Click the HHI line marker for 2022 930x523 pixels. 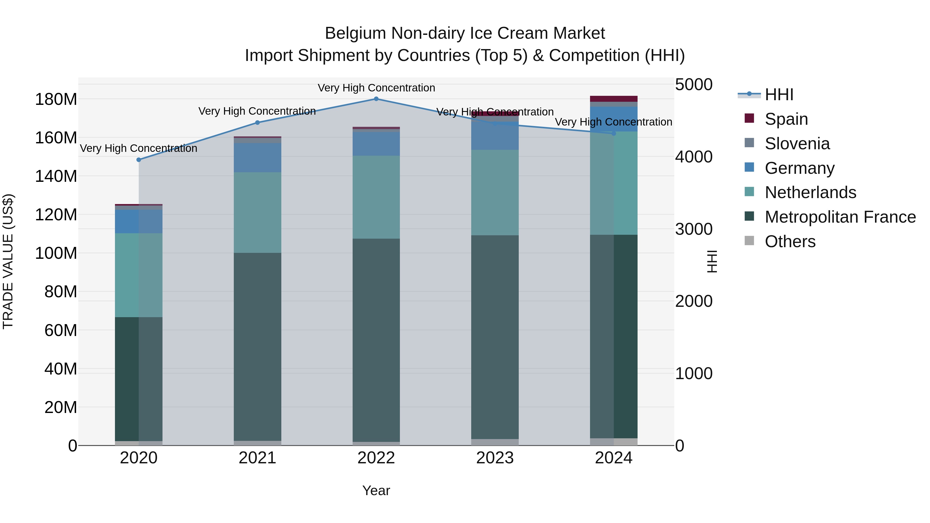coord(376,99)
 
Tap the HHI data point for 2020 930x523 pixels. coord(139,160)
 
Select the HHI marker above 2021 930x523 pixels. coord(257,123)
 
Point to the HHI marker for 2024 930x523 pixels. coord(614,134)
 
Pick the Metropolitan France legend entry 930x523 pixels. coord(840,217)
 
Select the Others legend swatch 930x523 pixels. coord(749,241)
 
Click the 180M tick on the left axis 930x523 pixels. coord(56,99)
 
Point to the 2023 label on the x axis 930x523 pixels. coord(495,458)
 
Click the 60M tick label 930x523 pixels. coord(61,330)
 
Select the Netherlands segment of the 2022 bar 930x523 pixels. coord(376,197)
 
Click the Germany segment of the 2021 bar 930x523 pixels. coord(257,158)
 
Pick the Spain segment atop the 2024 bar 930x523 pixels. coord(614,99)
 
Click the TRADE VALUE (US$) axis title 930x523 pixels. coord(8,261)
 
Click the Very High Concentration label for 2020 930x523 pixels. coord(139,148)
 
